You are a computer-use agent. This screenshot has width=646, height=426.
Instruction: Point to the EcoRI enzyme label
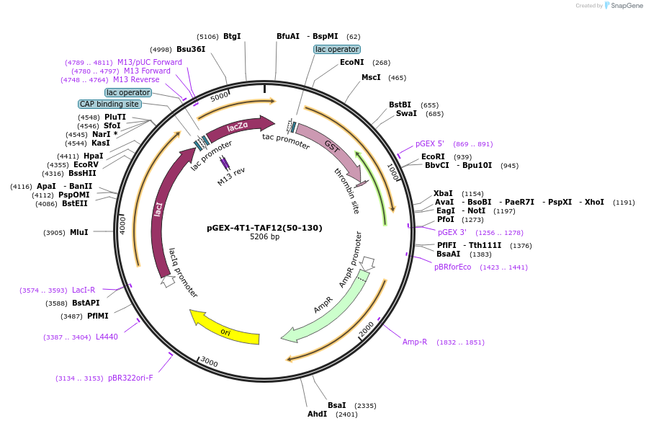tap(433, 156)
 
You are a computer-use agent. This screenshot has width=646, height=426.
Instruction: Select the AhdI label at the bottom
tap(317, 414)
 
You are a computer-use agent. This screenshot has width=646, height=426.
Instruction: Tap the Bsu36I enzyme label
tap(191, 49)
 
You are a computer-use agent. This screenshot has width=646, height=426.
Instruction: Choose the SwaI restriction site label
tap(406, 113)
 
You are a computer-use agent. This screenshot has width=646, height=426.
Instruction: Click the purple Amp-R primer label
tap(415, 342)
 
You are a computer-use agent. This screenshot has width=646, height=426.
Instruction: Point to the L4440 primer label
tap(107, 337)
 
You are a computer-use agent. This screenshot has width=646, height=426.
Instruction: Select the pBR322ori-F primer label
tap(130, 378)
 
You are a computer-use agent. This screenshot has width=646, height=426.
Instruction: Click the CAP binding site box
tap(109, 104)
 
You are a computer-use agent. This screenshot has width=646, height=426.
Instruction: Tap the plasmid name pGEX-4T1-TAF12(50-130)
tap(264, 228)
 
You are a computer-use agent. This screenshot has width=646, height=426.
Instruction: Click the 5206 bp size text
tap(264, 236)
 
